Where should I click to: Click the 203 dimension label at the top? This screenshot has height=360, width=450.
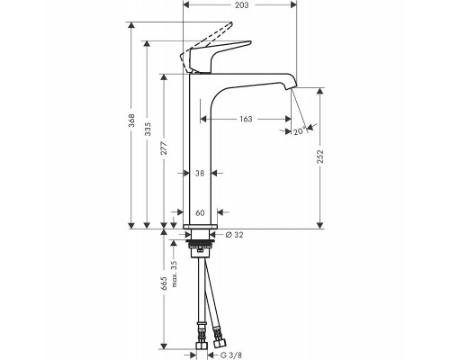click(242, 4)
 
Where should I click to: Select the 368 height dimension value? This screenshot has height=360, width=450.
click(131, 121)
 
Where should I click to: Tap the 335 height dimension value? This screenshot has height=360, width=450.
click(148, 129)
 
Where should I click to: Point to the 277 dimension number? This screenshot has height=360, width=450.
click(164, 148)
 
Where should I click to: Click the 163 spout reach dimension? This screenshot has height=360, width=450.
click(246, 119)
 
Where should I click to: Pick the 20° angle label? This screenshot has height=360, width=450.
click(300, 131)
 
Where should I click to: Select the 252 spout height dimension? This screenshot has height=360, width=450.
click(320, 157)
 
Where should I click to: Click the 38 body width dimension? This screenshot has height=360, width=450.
click(200, 173)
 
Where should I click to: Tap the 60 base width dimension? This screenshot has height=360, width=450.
click(200, 212)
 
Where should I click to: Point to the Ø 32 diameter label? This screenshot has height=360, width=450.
click(234, 235)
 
